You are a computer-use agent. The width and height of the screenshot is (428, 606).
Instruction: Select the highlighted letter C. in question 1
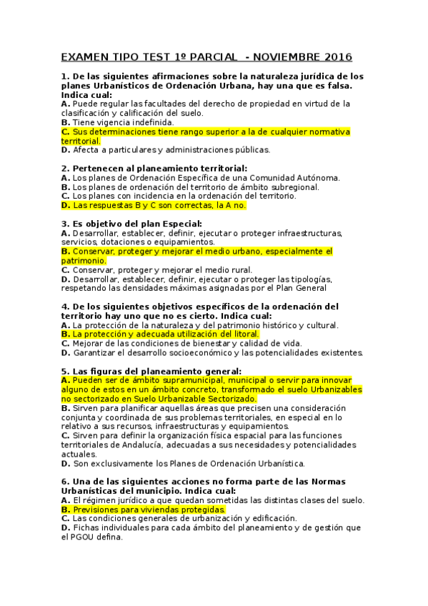tap(66, 132)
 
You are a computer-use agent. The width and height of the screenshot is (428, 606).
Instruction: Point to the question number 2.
tap(64, 168)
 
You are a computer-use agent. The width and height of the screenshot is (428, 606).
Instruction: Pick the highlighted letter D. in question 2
tap(66, 205)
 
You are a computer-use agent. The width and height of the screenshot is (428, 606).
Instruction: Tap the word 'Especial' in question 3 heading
tap(181, 224)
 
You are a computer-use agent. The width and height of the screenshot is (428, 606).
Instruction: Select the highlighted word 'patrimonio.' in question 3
tap(84, 261)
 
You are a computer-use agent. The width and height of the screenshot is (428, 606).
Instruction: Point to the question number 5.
tap(64, 372)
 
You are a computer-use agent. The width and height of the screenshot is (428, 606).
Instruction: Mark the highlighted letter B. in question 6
tap(66, 510)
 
